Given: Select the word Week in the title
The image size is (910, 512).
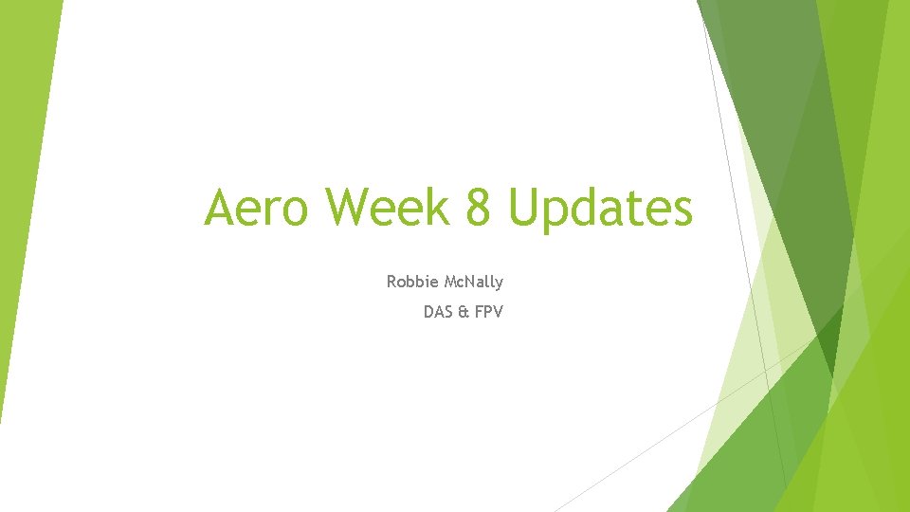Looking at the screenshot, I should coord(396,208).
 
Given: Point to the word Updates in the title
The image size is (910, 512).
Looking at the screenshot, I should coord(600,210).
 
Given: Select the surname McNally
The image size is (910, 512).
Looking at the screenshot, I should coord(471,282).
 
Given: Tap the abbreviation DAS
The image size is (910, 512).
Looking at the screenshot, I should coord(438,310).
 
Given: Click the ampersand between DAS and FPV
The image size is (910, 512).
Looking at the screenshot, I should coord(464,310).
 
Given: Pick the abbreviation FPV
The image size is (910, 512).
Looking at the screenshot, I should coord(488,310).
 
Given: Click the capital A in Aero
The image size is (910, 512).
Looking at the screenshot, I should coord(221,208).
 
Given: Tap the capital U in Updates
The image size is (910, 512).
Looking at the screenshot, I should coord(527,208).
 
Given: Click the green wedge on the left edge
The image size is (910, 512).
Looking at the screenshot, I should coord(24,190).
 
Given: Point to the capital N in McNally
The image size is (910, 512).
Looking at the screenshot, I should coord(466,282).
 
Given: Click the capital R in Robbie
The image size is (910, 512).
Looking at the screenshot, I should coord(392,282).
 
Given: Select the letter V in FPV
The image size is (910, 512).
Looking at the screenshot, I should coord(498,310).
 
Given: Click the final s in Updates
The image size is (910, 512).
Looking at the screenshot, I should coord(682,210).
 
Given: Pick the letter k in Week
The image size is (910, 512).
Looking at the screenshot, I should coord(438,208).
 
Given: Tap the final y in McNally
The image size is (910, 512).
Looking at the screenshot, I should coord(499,283).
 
